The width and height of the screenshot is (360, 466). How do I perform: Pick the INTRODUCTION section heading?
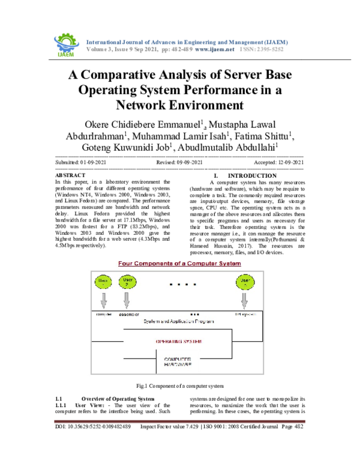(x=240, y=175)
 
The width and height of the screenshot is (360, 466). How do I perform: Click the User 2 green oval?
(x=125, y=282)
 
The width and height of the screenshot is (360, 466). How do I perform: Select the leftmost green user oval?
(x=103, y=282)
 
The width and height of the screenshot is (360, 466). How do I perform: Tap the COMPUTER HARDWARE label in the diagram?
(x=178, y=362)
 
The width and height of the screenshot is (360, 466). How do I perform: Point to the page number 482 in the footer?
(x=298, y=427)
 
